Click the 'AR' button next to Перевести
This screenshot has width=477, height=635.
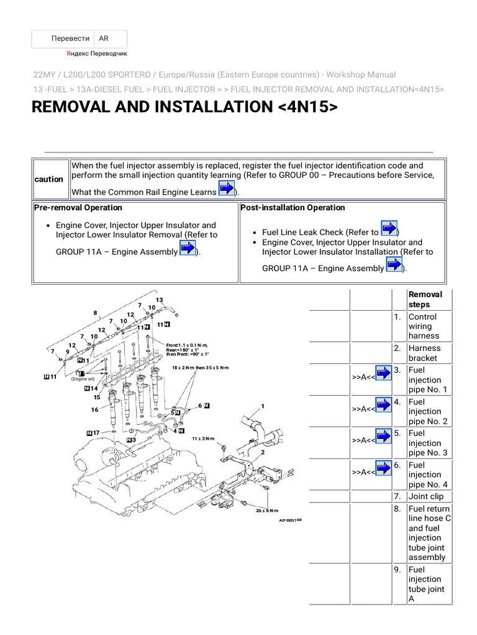[104, 38]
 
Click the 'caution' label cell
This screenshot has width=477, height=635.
[49, 179]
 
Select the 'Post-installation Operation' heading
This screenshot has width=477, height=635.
[293, 208]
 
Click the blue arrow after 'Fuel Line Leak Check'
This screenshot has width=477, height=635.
[388, 229]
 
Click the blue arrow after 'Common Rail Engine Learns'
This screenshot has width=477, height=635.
[227, 189]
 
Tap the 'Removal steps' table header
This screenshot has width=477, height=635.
[425, 300]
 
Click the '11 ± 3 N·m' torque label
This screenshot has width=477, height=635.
[202, 438]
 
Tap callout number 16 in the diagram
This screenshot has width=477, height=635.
[94, 409]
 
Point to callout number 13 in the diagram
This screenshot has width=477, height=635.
[159, 300]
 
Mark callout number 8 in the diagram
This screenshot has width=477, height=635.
[96, 313]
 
